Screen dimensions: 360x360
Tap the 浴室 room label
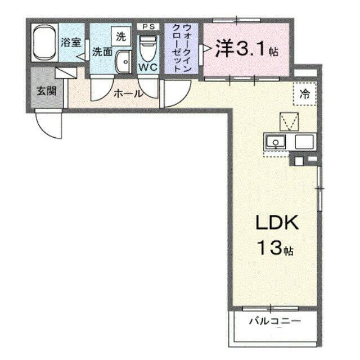tap(71, 42)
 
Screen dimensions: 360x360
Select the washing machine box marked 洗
tap(121, 36)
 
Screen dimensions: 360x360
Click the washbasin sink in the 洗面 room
tap(124, 62)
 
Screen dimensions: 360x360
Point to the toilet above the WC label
tap(148, 48)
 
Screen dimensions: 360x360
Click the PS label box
tap(148, 26)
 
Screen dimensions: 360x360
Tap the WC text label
tap(148, 67)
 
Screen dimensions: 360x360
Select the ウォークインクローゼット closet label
tap(181, 48)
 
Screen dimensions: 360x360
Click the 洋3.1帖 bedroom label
tap(246, 49)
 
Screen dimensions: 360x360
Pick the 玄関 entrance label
tap(47, 91)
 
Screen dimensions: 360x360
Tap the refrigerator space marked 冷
tap(305, 94)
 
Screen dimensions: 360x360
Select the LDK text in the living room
tap(277, 222)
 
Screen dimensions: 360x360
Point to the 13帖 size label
tap(275, 247)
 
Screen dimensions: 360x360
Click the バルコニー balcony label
tap(275, 321)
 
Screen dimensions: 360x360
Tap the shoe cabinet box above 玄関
tap(66, 73)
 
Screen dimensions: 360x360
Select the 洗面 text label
tap(102, 52)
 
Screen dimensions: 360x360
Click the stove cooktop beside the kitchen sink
tap(304, 142)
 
